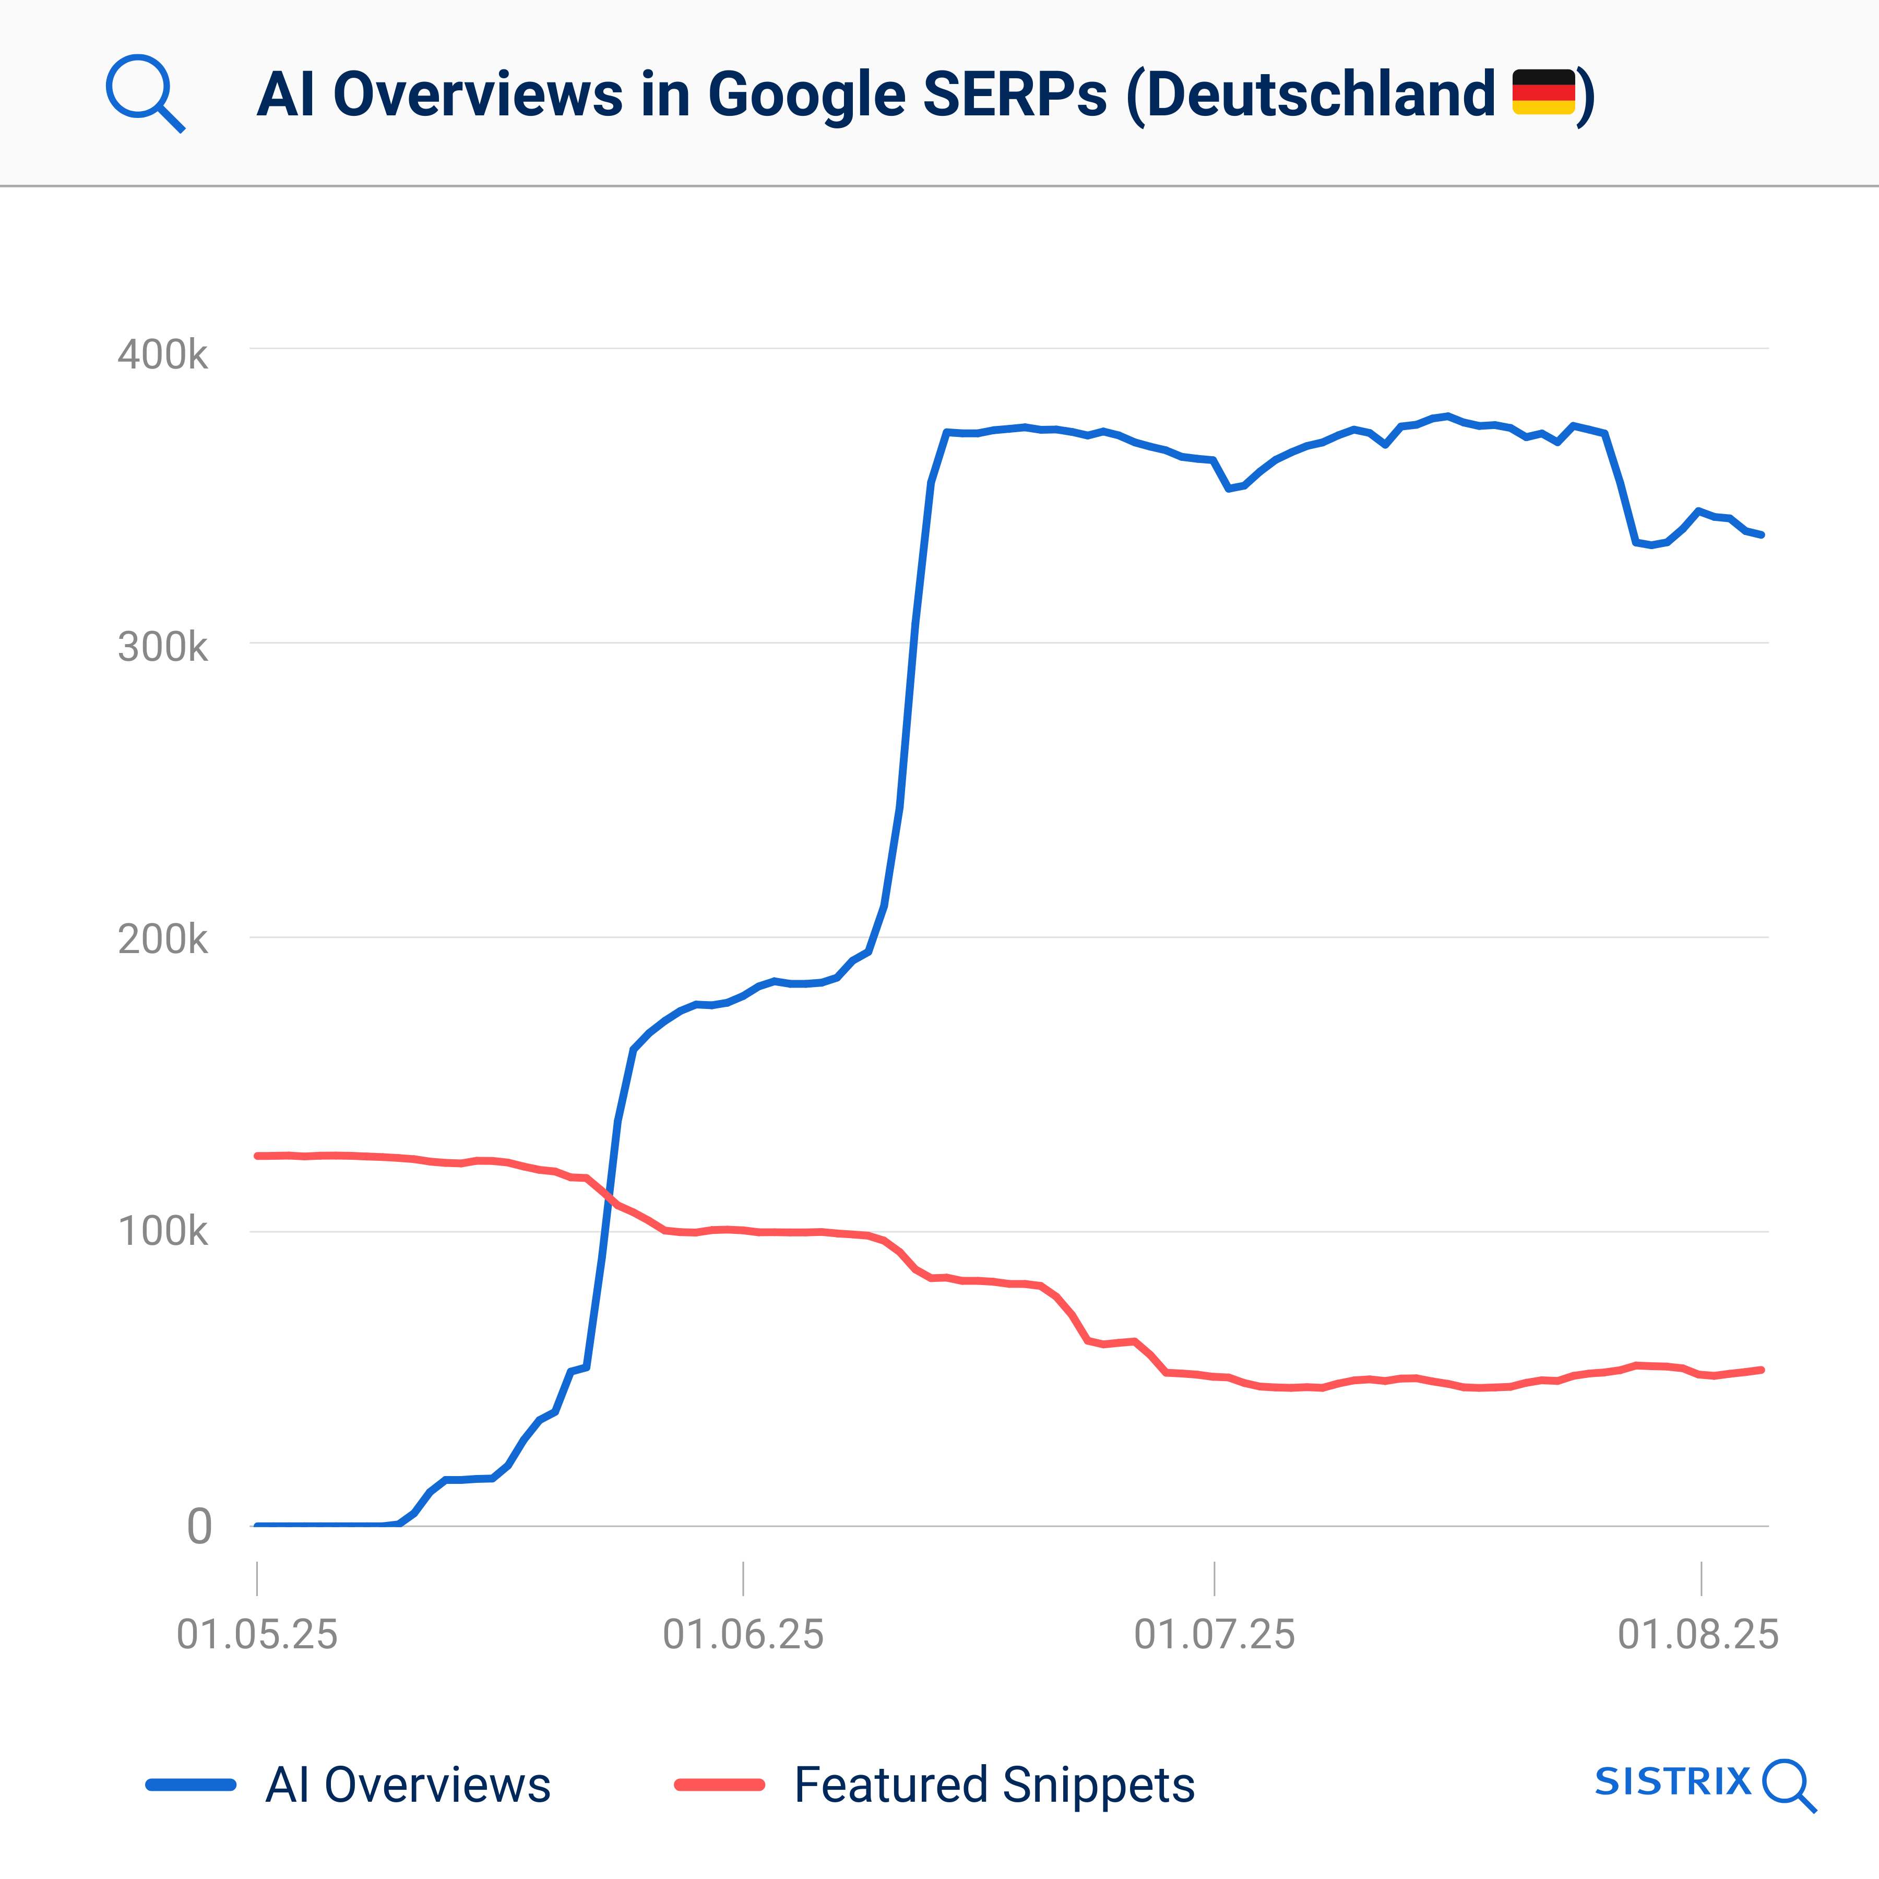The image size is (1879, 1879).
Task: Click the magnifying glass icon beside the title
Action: (144, 92)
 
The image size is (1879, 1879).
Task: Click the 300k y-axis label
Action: (162, 647)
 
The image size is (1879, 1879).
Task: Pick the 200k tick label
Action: (162, 939)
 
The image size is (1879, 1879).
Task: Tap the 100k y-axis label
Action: (162, 1231)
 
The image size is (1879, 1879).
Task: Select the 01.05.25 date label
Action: (257, 1634)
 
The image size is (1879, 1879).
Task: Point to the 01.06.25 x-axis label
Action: (743, 1634)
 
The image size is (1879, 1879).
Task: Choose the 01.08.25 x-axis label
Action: (1697, 1634)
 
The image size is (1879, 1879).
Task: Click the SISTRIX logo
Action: (1704, 1783)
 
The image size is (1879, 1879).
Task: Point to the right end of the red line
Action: (1762, 1370)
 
